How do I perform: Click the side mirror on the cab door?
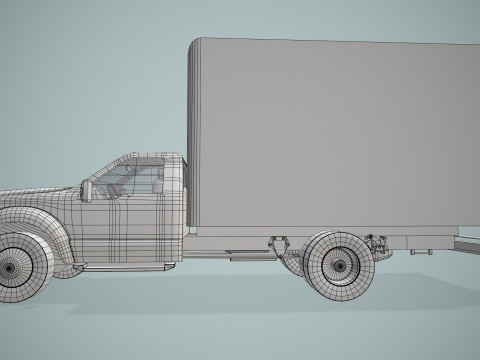click(x=87, y=188)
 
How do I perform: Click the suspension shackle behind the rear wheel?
click(x=377, y=244)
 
